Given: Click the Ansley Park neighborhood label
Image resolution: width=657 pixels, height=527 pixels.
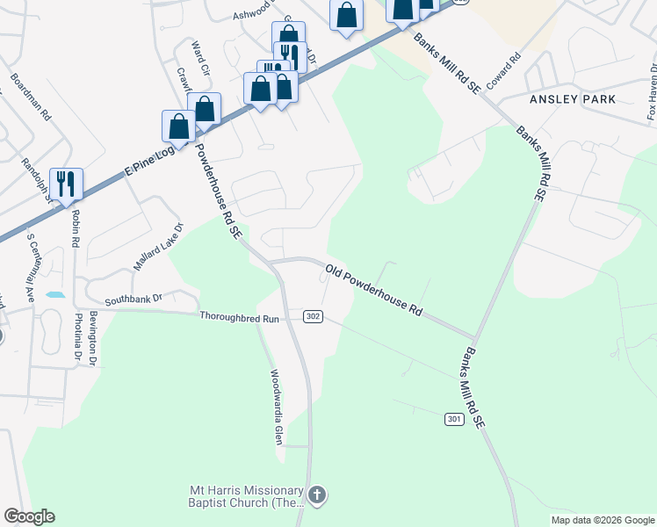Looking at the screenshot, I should [573, 99].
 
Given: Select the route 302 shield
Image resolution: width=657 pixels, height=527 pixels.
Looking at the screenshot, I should [313, 316].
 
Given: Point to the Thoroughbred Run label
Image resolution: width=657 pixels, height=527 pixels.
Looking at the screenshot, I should [239, 317].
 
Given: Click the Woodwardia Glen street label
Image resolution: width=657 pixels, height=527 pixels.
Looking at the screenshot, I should [277, 406].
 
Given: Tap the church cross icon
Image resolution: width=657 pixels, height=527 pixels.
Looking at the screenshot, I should [317, 496].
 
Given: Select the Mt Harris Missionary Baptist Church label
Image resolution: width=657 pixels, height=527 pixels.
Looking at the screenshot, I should [247, 496].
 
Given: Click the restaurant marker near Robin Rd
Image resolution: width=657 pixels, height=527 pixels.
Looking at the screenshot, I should [66, 184].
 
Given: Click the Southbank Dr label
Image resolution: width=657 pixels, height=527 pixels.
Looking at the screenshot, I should [134, 299].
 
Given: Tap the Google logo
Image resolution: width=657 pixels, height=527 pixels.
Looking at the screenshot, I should [29, 516].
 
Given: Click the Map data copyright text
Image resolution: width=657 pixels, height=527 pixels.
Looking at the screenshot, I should [602, 520].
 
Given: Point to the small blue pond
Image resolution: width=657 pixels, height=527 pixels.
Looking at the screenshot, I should [54, 294].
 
